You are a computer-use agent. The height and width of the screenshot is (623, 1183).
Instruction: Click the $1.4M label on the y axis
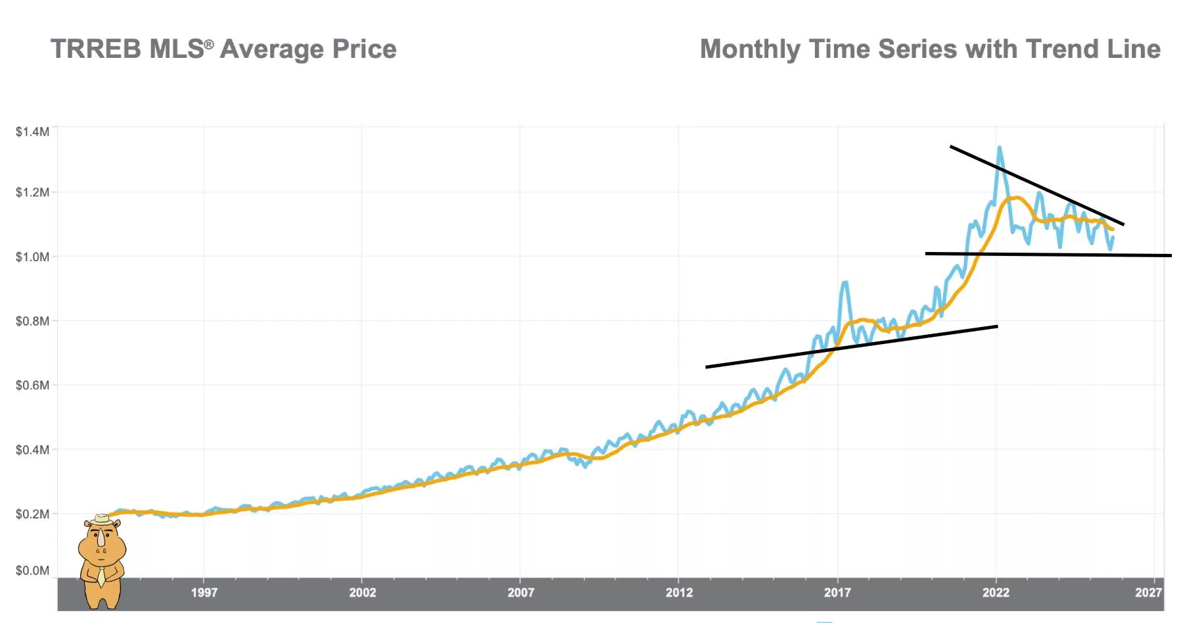pyautogui.click(x=32, y=132)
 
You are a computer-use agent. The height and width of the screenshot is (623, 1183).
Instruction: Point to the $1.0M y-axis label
pyautogui.click(x=32, y=257)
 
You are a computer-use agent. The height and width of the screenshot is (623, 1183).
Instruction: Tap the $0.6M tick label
pyautogui.click(x=32, y=385)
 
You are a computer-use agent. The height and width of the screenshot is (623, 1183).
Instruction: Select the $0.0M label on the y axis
pyautogui.click(x=32, y=570)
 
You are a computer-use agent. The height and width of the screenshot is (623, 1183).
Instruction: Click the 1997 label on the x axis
pyautogui.click(x=204, y=592)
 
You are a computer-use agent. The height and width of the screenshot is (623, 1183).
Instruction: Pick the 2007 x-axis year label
pyautogui.click(x=521, y=592)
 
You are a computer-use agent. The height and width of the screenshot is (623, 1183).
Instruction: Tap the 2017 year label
pyautogui.click(x=837, y=592)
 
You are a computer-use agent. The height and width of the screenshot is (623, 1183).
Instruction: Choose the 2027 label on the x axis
pyautogui.click(x=1148, y=592)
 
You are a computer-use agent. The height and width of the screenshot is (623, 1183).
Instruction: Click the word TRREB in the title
pyautogui.click(x=96, y=49)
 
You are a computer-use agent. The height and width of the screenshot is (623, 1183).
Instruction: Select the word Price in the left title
pyautogui.click(x=364, y=49)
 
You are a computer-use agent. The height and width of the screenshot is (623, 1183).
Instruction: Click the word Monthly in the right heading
pyautogui.click(x=750, y=49)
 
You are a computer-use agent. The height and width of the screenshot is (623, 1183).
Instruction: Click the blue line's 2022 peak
pyautogui.click(x=999, y=148)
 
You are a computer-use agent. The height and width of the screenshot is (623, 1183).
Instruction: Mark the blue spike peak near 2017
pyautogui.click(x=845, y=283)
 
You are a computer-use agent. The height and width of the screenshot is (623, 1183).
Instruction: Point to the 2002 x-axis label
pyautogui.click(x=362, y=592)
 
